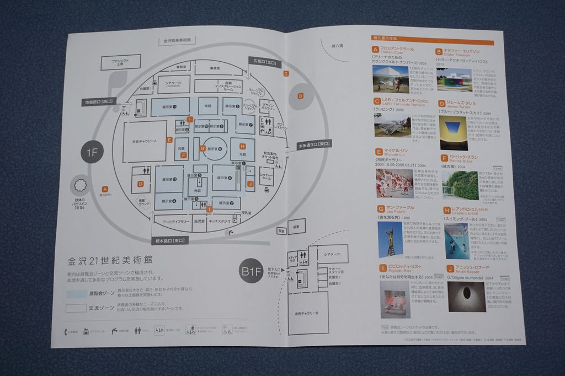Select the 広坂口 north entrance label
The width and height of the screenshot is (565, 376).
tap(265, 62)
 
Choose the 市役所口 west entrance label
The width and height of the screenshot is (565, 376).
tap(98, 102)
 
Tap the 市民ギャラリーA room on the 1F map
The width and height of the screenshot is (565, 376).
tap(145, 142)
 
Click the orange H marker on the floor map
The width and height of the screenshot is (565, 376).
tap(242, 146)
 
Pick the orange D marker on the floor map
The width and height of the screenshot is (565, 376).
tap(141, 184)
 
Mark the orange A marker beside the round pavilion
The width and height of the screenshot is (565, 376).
tap(105, 189)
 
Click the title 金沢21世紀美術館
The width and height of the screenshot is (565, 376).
tap(109, 260)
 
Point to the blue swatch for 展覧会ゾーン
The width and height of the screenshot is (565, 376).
tap(76, 294)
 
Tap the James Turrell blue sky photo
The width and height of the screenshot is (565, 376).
tap(453, 132)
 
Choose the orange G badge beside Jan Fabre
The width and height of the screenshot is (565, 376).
tap(381, 209)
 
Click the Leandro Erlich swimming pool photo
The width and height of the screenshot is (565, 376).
tap(457, 240)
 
